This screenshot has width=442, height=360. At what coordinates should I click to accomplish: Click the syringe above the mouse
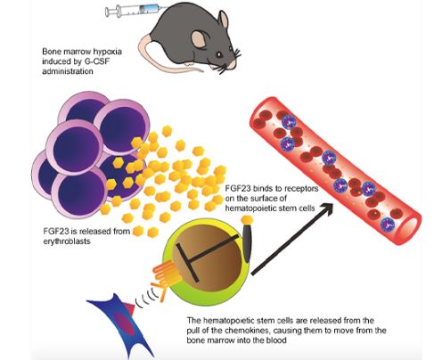(x=132, y=11)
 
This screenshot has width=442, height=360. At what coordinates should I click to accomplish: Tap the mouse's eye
(x=218, y=54)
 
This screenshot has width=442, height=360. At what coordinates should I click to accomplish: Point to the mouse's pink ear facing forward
(x=199, y=39)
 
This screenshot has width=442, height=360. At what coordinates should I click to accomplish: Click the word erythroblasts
(x=67, y=241)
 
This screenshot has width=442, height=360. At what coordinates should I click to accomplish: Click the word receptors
(x=300, y=189)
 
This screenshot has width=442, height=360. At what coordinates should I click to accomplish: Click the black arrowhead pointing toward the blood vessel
(x=325, y=209)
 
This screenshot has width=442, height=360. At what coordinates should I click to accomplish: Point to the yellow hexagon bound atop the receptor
(x=247, y=220)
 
